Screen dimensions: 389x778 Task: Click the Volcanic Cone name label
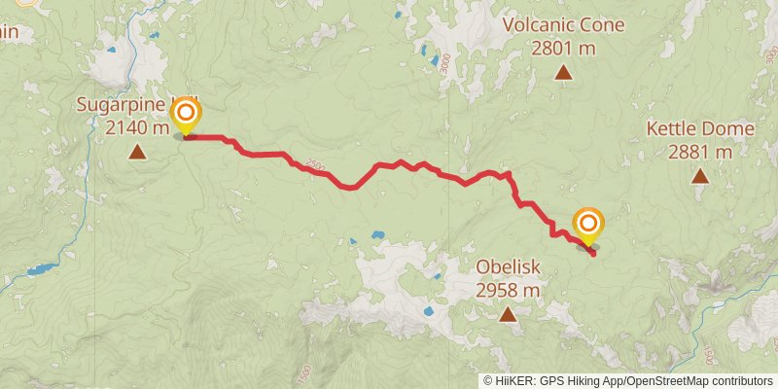pos(564,25)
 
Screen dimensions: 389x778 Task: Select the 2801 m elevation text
pos(564,46)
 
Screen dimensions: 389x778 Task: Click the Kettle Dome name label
pos(700,129)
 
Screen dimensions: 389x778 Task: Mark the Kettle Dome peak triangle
pos(700,176)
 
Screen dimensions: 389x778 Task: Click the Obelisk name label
pos(508,267)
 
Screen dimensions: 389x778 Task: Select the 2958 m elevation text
pos(508,289)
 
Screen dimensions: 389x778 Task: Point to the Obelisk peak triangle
pos(508,314)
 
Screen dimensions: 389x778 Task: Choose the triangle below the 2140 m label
pos(137,152)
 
